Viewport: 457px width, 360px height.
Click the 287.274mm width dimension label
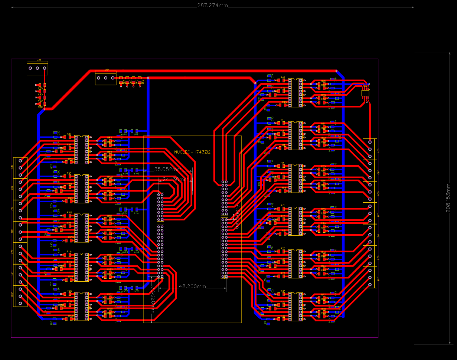point(212,6)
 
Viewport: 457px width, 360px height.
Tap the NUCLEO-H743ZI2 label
point(192,152)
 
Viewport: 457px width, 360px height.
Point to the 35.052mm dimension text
point(168,169)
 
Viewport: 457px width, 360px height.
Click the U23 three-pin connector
point(37,68)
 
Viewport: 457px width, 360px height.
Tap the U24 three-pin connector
point(106,78)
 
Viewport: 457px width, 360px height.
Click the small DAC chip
point(366,93)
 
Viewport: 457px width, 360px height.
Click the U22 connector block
point(20,296)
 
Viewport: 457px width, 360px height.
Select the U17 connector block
point(20,168)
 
